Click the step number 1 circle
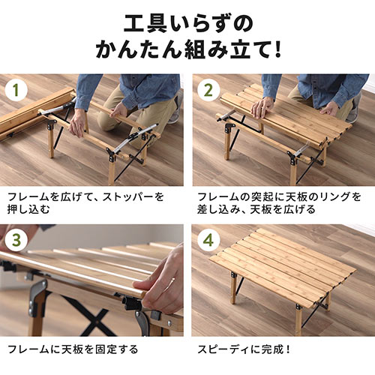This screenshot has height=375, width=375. click(16, 90)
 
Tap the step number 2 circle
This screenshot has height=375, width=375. click(208, 90)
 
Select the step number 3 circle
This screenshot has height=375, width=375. click(16, 240)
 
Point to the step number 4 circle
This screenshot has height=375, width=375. click(208, 240)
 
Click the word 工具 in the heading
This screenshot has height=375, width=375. click(145, 24)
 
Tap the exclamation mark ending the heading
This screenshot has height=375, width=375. click(277, 50)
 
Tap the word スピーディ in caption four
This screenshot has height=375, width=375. click(223, 349)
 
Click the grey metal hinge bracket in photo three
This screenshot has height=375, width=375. click(37, 298)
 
